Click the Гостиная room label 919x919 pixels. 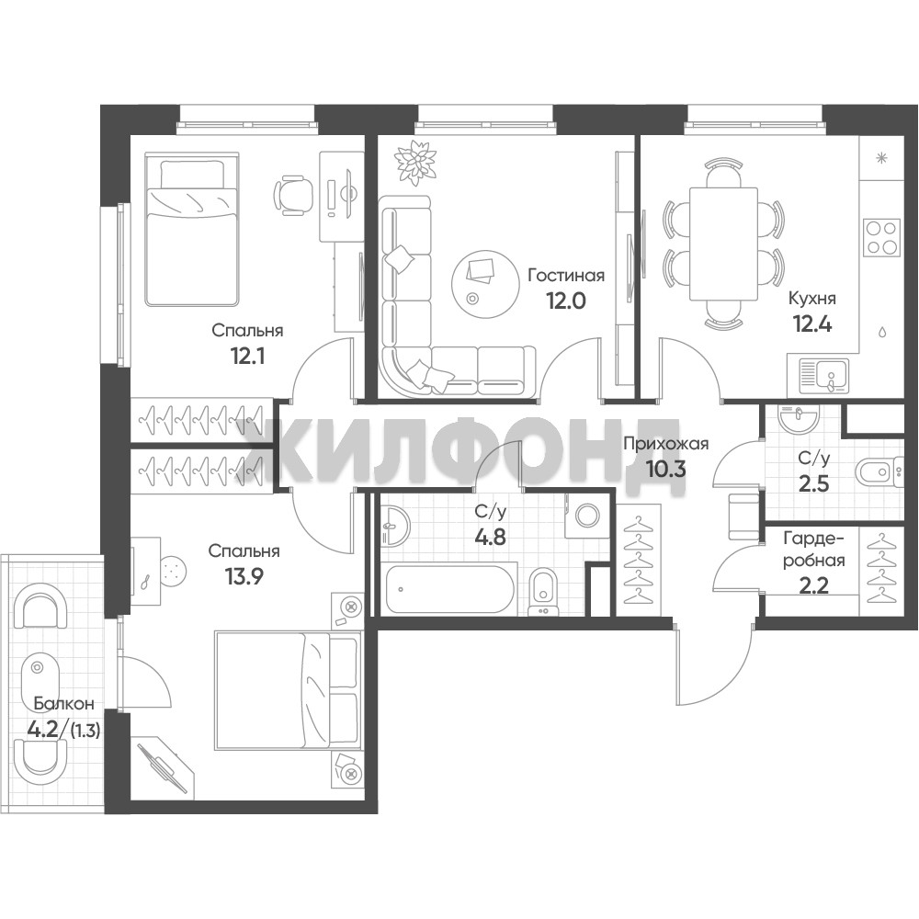[x=565, y=276]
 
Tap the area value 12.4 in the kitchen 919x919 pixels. [x=812, y=323]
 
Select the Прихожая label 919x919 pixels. [x=665, y=444]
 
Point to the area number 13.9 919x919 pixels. [x=244, y=577]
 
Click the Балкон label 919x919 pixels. [x=64, y=703]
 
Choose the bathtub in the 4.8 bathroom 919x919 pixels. [x=449, y=589]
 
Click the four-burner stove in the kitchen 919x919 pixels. [x=882, y=237]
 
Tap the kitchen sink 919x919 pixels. [x=824, y=376]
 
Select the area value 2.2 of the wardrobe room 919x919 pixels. [x=814, y=584]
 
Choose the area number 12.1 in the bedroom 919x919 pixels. [x=247, y=356]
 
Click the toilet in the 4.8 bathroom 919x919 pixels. [x=545, y=591]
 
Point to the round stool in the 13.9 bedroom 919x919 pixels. [x=173, y=571]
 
